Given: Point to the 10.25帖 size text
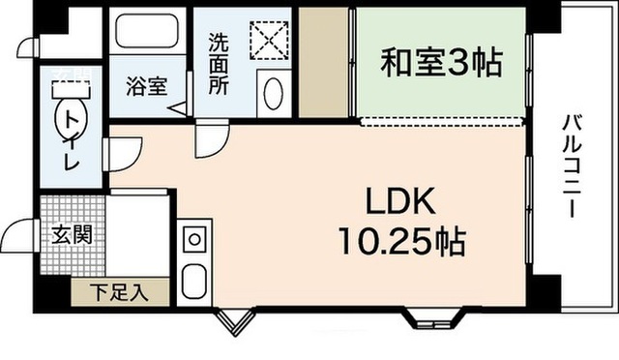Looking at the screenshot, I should coord(400,239).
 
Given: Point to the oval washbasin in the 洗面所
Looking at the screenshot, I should coord(273,96).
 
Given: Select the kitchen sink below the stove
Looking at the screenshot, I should coord(192,282).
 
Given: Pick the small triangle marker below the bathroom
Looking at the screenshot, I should coord(181,110).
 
